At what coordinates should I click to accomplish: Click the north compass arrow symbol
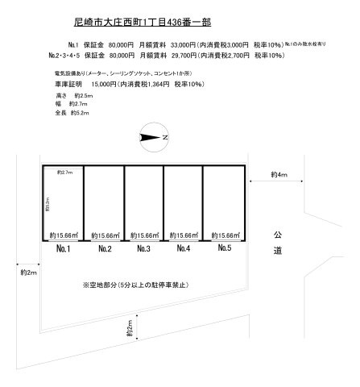(x=151, y=138)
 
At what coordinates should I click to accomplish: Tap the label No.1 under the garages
(x=64, y=249)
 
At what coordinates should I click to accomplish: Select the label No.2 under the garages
(x=103, y=249)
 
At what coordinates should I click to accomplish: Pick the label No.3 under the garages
(x=143, y=249)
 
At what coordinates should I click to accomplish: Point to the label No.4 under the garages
(x=183, y=249)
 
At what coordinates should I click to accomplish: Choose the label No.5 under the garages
(x=225, y=249)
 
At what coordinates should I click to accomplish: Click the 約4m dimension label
(x=279, y=174)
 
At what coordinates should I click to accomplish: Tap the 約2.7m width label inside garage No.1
(x=65, y=173)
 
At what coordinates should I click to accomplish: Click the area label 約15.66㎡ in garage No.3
(x=143, y=235)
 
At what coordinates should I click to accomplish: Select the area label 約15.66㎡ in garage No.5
(x=223, y=235)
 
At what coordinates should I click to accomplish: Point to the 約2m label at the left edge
(x=28, y=274)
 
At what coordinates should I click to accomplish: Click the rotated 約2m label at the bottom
(x=129, y=331)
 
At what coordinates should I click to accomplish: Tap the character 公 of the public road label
(x=278, y=234)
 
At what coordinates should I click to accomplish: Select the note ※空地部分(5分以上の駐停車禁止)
(x=143, y=285)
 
